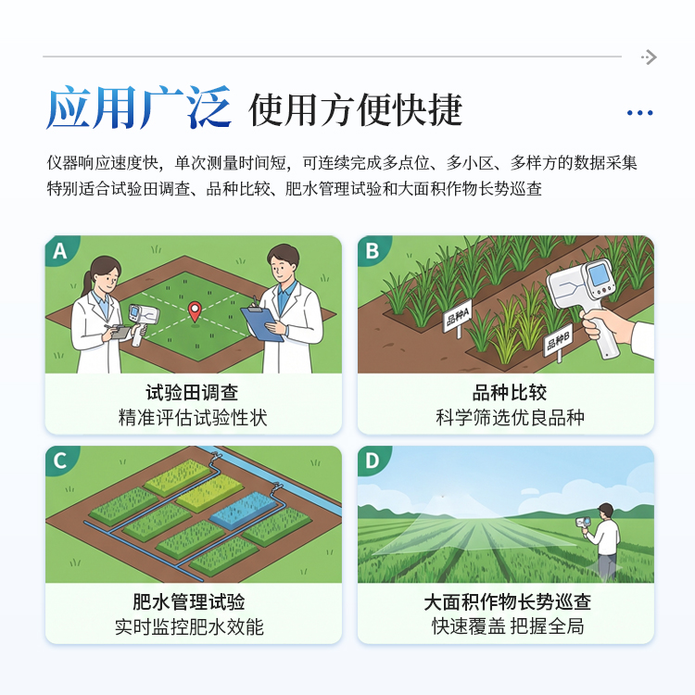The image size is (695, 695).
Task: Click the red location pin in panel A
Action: [x=195, y=311]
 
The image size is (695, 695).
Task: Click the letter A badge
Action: [x=60, y=250]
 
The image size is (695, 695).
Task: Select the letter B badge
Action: [x=373, y=250]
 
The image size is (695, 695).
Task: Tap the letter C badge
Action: [x=60, y=461]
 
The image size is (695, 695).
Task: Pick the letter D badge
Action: [x=373, y=461]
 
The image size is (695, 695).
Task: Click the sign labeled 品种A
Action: [x=458, y=317]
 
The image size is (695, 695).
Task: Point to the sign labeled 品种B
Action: [x=558, y=341]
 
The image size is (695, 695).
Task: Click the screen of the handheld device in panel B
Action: [x=600, y=275]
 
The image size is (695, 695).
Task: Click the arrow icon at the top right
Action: [x=649, y=57]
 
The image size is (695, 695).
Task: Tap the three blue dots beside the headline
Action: [x=639, y=113]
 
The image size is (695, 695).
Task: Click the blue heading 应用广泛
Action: [x=139, y=107]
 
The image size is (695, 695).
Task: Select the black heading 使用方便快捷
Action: [x=356, y=110]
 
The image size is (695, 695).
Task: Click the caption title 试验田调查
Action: [x=193, y=392]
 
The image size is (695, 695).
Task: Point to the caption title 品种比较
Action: [x=510, y=392]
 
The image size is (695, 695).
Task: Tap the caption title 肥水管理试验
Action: [x=189, y=602]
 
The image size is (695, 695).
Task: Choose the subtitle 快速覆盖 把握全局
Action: [x=508, y=626]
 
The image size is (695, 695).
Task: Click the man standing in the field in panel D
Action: [x=603, y=540]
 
